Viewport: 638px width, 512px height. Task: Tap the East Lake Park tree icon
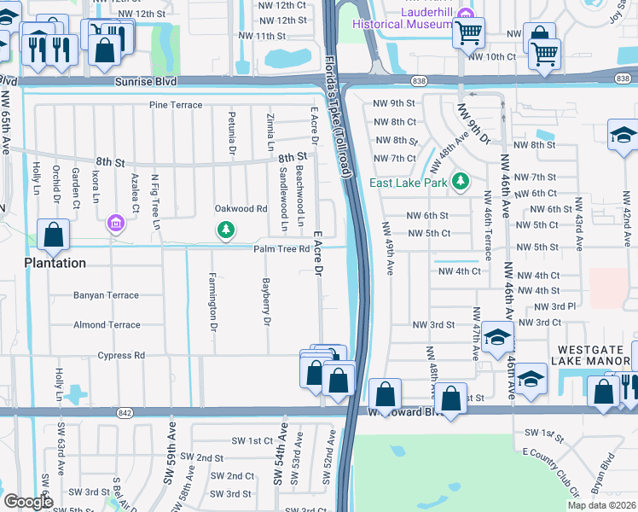tap(461, 181)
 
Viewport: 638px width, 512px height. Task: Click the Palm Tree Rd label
tap(281, 249)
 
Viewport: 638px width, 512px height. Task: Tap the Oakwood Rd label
tap(241, 208)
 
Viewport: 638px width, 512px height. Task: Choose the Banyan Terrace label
tap(106, 295)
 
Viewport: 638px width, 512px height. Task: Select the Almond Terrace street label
tap(107, 325)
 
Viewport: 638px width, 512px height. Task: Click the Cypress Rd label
tap(121, 355)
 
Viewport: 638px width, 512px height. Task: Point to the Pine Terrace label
tap(176, 105)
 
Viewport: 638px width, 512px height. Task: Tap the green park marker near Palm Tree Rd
tap(225, 230)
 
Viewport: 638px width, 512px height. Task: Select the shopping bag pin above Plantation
tap(53, 236)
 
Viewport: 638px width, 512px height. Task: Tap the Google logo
tap(28, 502)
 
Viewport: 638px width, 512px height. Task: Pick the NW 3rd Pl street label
tap(560, 306)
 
